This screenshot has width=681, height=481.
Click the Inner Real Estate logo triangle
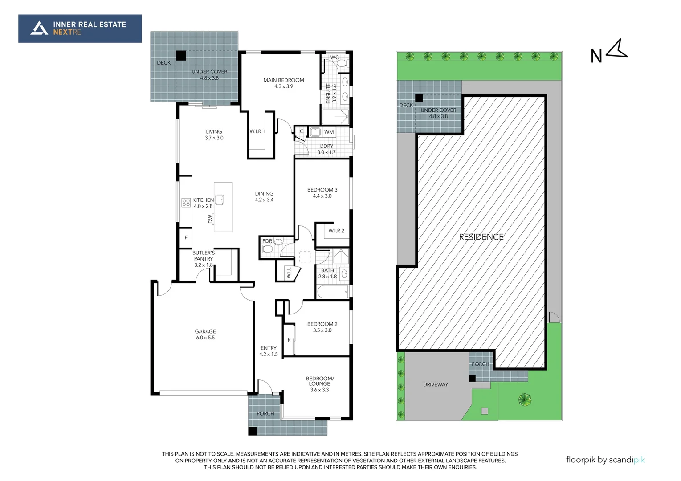[x=39, y=28]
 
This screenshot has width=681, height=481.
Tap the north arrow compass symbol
[x=617, y=49]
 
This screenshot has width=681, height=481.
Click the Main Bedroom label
[x=283, y=83]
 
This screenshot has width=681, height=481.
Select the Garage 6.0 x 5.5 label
[x=205, y=334]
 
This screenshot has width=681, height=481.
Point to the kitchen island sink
[x=219, y=200]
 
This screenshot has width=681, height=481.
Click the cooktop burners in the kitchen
[x=186, y=203]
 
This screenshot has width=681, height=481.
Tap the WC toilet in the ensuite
[x=343, y=64]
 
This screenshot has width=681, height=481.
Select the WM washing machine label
[x=329, y=132]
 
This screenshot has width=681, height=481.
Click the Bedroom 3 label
[x=322, y=192]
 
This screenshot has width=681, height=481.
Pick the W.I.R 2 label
[x=336, y=231]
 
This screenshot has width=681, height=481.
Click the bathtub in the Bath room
[x=332, y=293]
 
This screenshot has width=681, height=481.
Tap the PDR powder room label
[x=267, y=241]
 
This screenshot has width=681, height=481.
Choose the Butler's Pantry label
[x=203, y=259]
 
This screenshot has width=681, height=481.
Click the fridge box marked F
[x=186, y=238]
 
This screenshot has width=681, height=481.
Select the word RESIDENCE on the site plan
[x=481, y=237]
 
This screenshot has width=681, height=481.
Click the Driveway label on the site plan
[x=435, y=384]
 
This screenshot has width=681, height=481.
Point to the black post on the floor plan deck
[x=181, y=56]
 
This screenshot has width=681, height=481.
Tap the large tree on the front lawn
[x=525, y=399]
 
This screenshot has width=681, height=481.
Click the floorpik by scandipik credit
[x=605, y=460]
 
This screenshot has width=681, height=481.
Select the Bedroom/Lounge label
[x=319, y=384]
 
